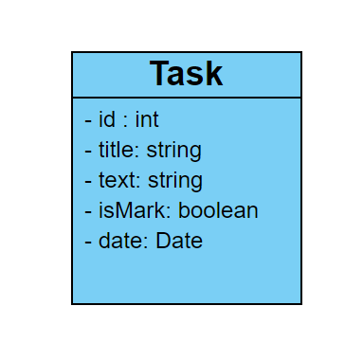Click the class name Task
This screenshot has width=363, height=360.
tap(187, 74)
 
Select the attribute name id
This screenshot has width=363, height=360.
tap(107, 119)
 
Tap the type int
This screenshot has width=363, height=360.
tap(147, 119)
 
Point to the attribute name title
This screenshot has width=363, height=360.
tap(118, 150)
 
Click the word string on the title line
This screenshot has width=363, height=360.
tap(174, 151)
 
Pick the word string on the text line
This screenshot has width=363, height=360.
tap(174, 181)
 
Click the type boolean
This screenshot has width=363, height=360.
tap(218, 210)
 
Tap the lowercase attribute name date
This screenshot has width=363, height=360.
tap(120, 241)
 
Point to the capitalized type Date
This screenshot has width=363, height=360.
tap(179, 241)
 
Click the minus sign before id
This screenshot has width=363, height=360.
tap(88, 120)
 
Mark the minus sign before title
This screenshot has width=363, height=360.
tap(88, 151)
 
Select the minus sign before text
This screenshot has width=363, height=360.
tap(88, 181)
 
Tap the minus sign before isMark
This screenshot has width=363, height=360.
tap(88, 211)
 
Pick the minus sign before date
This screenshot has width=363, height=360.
tap(88, 242)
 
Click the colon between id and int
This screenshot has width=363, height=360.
tap(125, 121)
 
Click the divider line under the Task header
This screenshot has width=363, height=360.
tap(187, 97)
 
